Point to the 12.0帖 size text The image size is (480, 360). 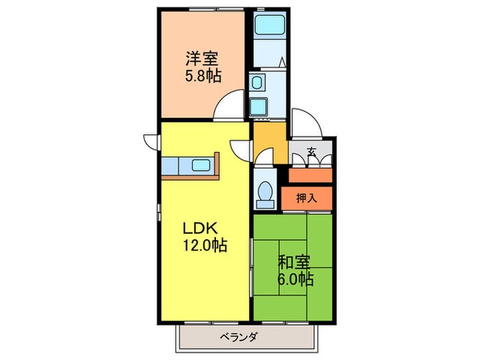tap(204, 244)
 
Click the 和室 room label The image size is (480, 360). tap(294, 263)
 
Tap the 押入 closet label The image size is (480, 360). tap(307, 198)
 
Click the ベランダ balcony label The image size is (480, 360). tap(239, 337)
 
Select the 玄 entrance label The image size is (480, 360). tap(311, 152)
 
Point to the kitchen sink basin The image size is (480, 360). tap(202, 165)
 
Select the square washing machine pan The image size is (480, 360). tap(260, 107)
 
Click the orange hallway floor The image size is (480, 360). tap(269, 141)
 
